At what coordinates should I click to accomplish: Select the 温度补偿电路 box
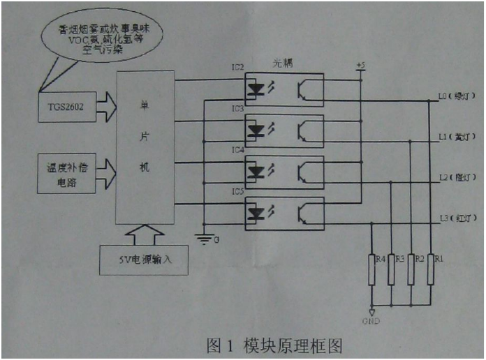64,174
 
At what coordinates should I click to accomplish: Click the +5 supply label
360,66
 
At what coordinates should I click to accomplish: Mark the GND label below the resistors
372,322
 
